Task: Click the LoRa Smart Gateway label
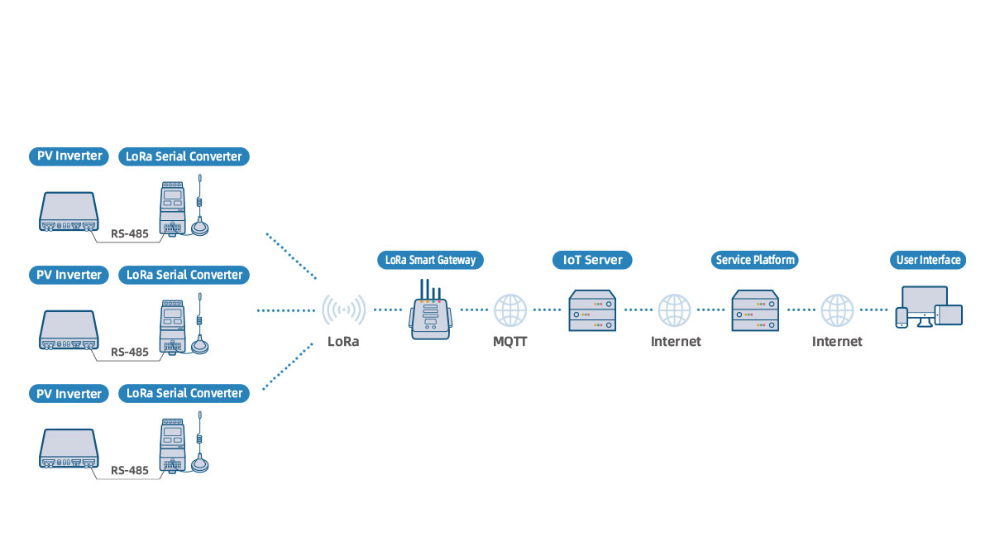pyautogui.click(x=430, y=260)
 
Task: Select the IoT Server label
pyautogui.click(x=591, y=260)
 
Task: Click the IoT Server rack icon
pyautogui.click(x=591, y=311)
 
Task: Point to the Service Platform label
pyautogui.click(x=754, y=260)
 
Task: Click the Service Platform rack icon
pyautogui.click(x=754, y=311)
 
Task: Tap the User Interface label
pyautogui.click(x=929, y=260)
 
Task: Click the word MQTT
pyautogui.click(x=510, y=341)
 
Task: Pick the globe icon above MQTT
pyautogui.click(x=510, y=310)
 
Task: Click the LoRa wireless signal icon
pyautogui.click(x=343, y=310)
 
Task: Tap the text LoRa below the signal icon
pyautogui.click(x=343, y=341)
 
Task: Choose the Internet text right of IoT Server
pyautogui.click(x=675, y=341)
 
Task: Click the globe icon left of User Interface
pyautogui.click(x=837, y=310)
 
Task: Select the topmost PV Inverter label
pyautogui.click(x=69, y=156)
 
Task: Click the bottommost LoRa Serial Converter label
pyautogui.click(x=184, y=393)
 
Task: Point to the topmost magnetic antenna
pyautogui.click(x=199, y=211)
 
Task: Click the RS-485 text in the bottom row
pyautogui.click(x=130, y=470)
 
